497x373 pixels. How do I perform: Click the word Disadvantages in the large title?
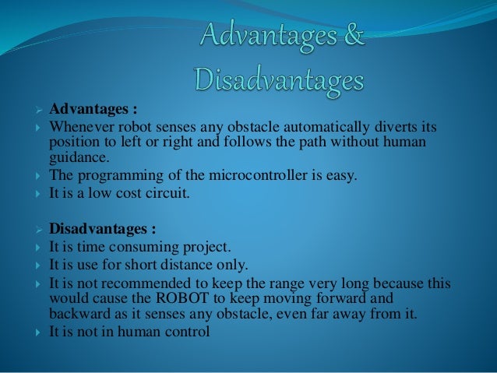[x=279, y=80]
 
